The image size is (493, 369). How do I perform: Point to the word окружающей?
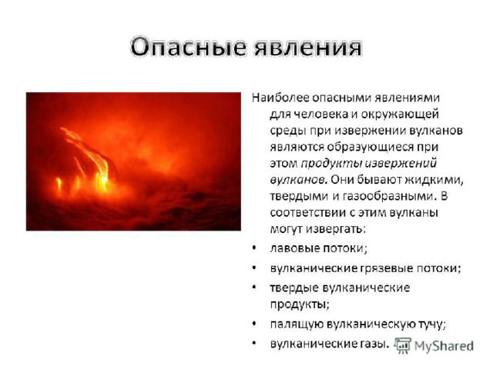pyautogui.click(x=401, y=115)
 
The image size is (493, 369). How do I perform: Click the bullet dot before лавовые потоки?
pyautogui.click(x=254, y=248)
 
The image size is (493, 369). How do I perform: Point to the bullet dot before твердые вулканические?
pyautogui.click(x=254, y=288)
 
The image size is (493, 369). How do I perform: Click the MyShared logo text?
pyautogui.click(x=444, y=346)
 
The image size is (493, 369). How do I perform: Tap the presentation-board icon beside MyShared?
pyautogui.click(x=403, y=346)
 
